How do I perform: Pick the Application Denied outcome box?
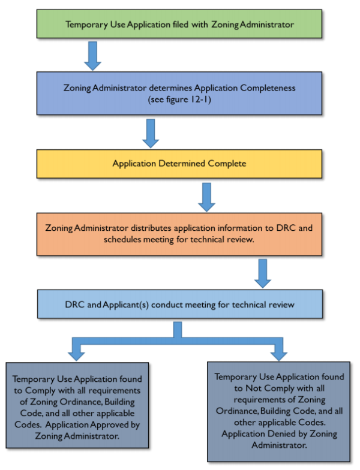(x=278, y=410)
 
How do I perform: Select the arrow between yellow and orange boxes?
(x=206, y=197)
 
